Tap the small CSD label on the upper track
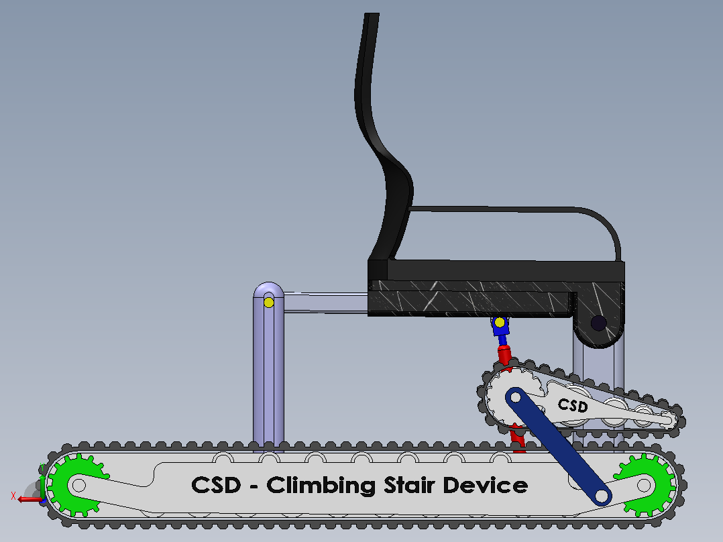pos(573,405)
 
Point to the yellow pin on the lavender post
pos(269,303)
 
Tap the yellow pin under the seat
pos(500,322)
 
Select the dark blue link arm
pos(559,447)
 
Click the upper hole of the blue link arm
pos(516,397)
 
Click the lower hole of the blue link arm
pos(602,496)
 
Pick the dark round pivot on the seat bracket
pos(598,323)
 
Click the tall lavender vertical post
pos(268,364)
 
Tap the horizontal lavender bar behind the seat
pos(325,303)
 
